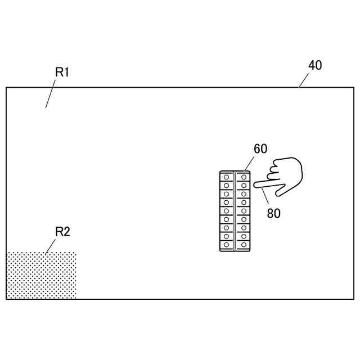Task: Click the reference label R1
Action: (62, 72)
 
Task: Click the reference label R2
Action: (62, 232)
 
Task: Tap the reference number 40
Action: (315, 65)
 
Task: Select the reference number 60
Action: (260, 149)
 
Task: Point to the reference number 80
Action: (274, 213)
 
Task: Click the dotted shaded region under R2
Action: (41, 275)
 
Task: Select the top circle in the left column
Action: (226, 177)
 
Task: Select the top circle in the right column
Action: (243, 177)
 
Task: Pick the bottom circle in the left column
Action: (226, 245)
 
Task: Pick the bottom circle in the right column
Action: (243, 245)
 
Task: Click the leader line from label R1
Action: (50, 94)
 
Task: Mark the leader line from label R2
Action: (51, 245)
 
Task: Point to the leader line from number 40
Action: (304, 80)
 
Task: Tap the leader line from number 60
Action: (250, 164)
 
